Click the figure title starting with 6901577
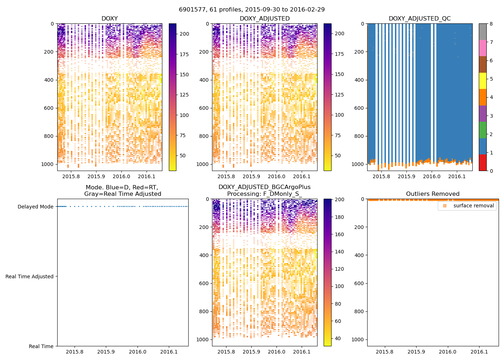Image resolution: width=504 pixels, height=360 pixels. (252, 10)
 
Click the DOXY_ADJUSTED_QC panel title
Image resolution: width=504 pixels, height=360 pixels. (419, 19)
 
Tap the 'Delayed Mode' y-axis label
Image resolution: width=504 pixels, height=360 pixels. (35, 207)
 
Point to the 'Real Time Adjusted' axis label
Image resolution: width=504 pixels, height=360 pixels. (30, 276)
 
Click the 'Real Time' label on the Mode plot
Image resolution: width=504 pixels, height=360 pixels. (41, 346)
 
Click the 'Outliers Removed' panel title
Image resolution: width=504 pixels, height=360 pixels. (433, 194)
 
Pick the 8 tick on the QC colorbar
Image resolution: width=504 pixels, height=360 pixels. (491, 24)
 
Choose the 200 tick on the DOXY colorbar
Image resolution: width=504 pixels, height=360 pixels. (184, 34)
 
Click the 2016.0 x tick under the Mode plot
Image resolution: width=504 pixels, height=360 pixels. (138, 352)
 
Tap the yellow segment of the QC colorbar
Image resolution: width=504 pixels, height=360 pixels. (482, 81)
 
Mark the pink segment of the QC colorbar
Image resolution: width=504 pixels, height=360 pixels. (482, 48)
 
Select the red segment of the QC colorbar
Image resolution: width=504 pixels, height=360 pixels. (482, 162)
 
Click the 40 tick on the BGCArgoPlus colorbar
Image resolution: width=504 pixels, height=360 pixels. (338, 338)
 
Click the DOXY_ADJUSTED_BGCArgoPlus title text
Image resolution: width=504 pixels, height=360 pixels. (264, 187)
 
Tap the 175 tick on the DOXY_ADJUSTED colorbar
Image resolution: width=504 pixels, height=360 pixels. (339, 54)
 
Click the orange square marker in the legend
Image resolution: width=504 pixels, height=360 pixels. (445, 206)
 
